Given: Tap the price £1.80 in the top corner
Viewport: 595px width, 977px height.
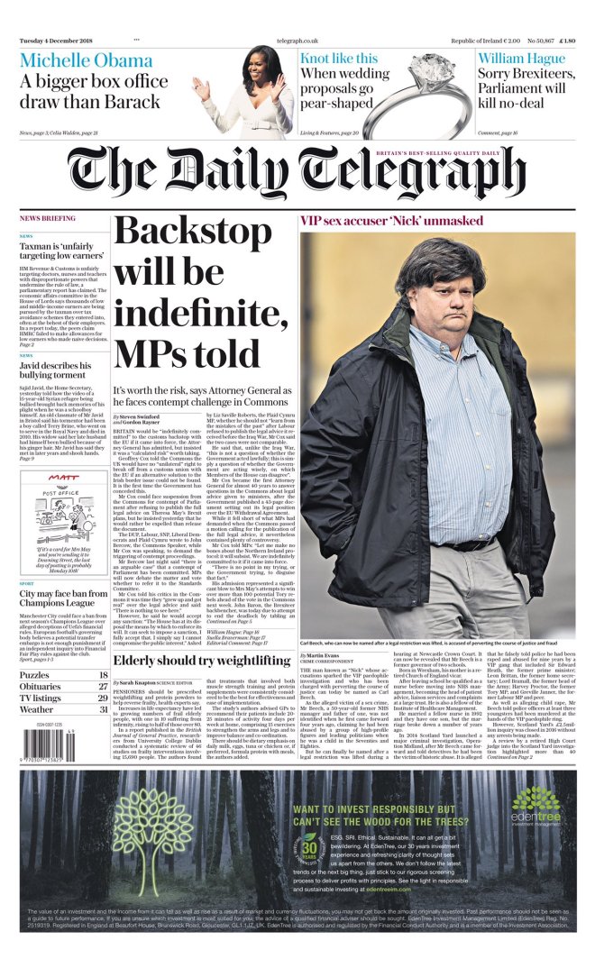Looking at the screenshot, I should (567, 41).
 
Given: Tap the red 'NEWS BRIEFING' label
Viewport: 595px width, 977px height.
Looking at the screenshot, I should (48, 219).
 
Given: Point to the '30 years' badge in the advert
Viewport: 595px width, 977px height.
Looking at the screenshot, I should (310, 850).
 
